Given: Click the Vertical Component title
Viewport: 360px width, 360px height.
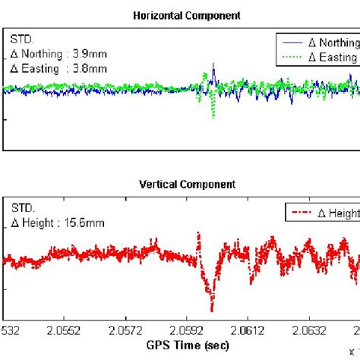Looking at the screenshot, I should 188,184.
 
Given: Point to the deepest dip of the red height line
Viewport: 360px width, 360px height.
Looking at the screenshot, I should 212,309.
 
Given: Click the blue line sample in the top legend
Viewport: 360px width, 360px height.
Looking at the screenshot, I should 292,43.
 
